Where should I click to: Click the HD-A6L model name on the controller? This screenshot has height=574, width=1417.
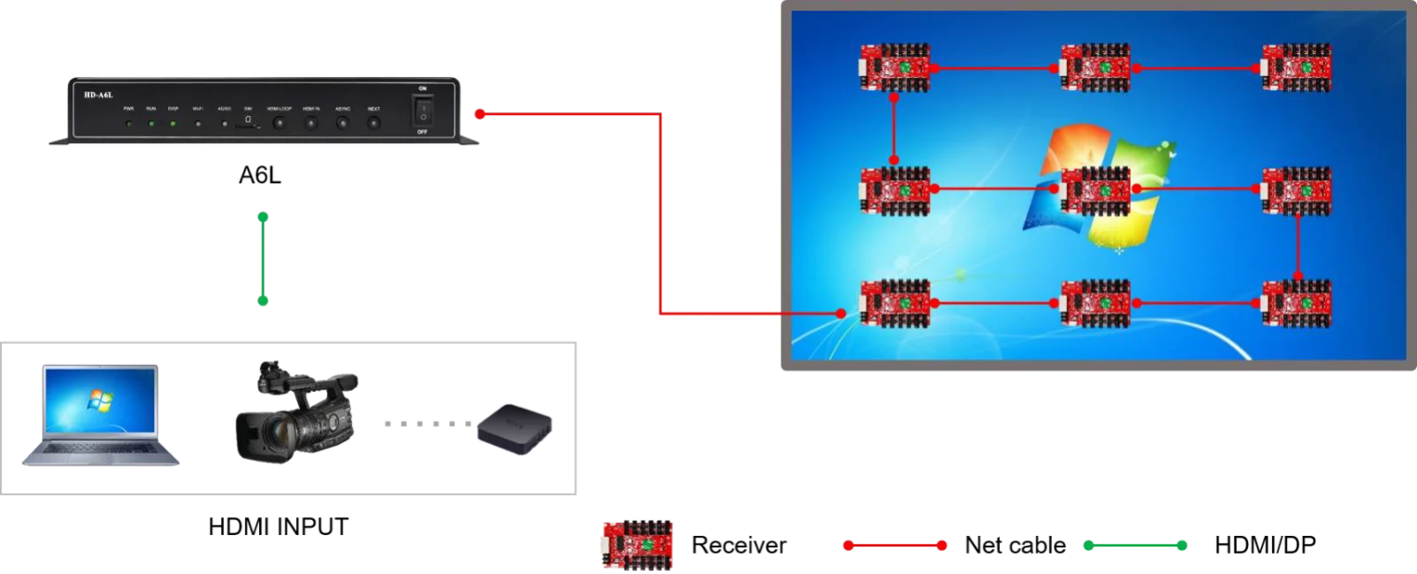[x=99, y=95]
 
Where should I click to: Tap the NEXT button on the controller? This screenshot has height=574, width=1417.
[x=374, y=123]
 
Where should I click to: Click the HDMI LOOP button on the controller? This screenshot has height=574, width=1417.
[x=279, y=123]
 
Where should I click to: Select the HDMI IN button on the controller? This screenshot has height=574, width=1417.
[x=311, y=123]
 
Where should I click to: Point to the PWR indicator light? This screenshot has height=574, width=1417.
[x=129, y=124]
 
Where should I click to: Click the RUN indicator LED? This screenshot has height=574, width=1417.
[x=151, y=124]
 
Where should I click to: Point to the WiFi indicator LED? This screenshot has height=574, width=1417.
[x=198, y=124]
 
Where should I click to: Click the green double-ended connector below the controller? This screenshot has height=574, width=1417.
[x=263, y=260]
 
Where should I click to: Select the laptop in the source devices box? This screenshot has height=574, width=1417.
[x=101, y=413]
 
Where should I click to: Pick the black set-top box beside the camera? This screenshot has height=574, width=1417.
[x=514, y=431]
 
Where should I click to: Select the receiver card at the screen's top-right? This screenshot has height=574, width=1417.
[x=1297, y=68]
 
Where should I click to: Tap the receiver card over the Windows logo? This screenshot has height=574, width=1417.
[x=1096, y=189]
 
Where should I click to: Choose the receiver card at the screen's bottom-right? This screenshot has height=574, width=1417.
[x=1297, y=303]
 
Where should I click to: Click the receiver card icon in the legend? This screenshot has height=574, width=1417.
[x=639, y=544]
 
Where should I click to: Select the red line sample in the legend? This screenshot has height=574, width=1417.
[x=895, y=545]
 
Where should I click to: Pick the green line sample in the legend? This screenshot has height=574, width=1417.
[x=1135, y=545]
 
